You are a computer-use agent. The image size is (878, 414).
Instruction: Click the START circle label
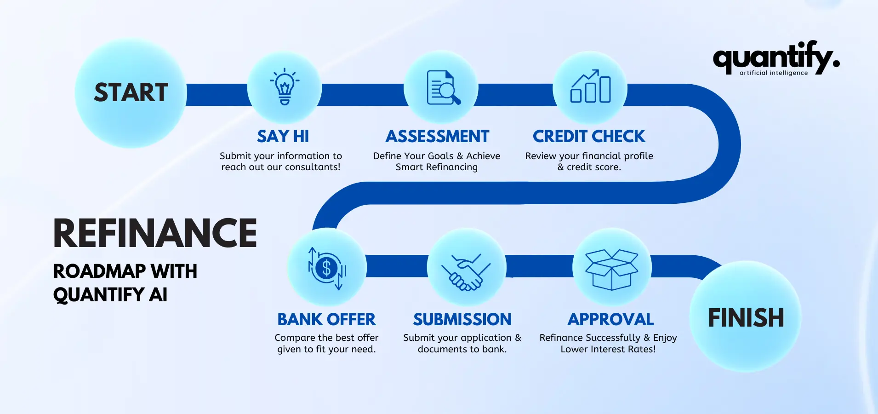click(x=131, y=92)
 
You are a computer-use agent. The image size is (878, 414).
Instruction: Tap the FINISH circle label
click(x=746, y=318)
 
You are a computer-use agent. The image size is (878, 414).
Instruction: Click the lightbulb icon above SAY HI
click(x=285, y=86)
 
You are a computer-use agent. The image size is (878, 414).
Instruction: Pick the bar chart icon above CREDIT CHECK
click(x=591, y=86)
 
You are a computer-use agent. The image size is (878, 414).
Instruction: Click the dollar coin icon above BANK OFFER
click(x=327, y=268)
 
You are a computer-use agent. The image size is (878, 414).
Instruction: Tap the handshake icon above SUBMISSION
click(x=466, y=272)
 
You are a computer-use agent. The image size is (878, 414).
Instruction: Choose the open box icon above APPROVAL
click(x=612, y=270)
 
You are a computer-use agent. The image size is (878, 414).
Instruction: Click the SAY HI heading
click(x=283, y=137)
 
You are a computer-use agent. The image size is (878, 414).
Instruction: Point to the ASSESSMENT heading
click(x=438, y=137)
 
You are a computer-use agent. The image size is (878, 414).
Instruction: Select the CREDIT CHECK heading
click(x=589, y=137)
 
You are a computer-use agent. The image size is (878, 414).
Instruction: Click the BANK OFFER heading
click(x=327, y=319)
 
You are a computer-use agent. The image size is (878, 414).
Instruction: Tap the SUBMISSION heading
click(x=462, y=319)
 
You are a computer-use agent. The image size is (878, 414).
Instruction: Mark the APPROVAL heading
click(x=611, y=319)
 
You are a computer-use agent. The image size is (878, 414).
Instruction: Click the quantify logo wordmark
click(x=776, y=58)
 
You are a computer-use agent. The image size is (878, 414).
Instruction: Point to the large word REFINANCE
click(x=155, y=233)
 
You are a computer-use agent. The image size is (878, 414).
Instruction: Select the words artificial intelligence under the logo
click(x=774, y=73)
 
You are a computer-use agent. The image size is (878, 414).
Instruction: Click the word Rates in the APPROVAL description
click(x=643, y=349)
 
